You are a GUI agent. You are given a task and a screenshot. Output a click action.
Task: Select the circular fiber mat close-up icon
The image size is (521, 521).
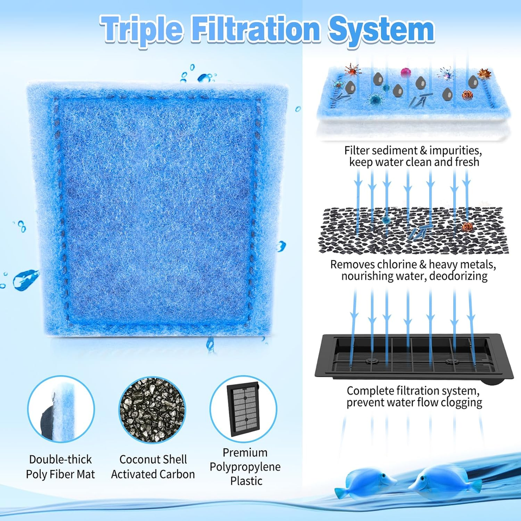[x=61, y=410]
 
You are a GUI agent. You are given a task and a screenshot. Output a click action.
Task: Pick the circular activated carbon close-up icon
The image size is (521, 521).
[x=152, y=410]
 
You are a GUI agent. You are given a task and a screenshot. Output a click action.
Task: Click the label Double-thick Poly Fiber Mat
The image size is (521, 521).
[x=61, y=467]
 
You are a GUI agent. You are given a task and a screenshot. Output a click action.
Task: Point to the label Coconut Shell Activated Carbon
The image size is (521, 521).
[x=153, y=467]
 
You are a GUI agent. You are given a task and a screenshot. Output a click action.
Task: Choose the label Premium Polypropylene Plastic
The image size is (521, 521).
[x=245, y=466]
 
